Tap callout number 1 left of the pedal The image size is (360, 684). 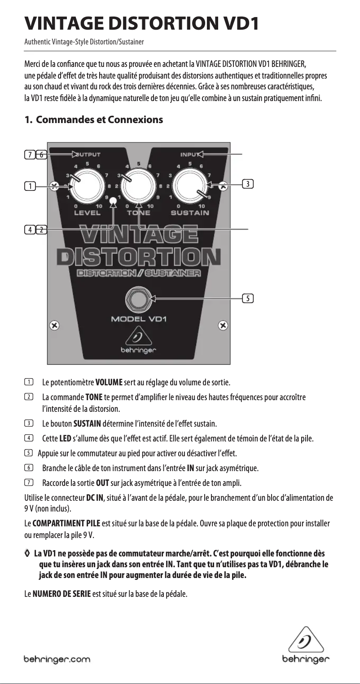point(30,185)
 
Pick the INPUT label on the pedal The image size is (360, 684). point(190,154)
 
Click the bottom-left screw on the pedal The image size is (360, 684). point(54,325)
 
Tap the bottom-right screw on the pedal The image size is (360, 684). point(223,325)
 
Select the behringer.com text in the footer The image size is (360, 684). point(57,660)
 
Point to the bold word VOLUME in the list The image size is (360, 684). point(109,383)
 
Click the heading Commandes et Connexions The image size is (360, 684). point(99,120)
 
